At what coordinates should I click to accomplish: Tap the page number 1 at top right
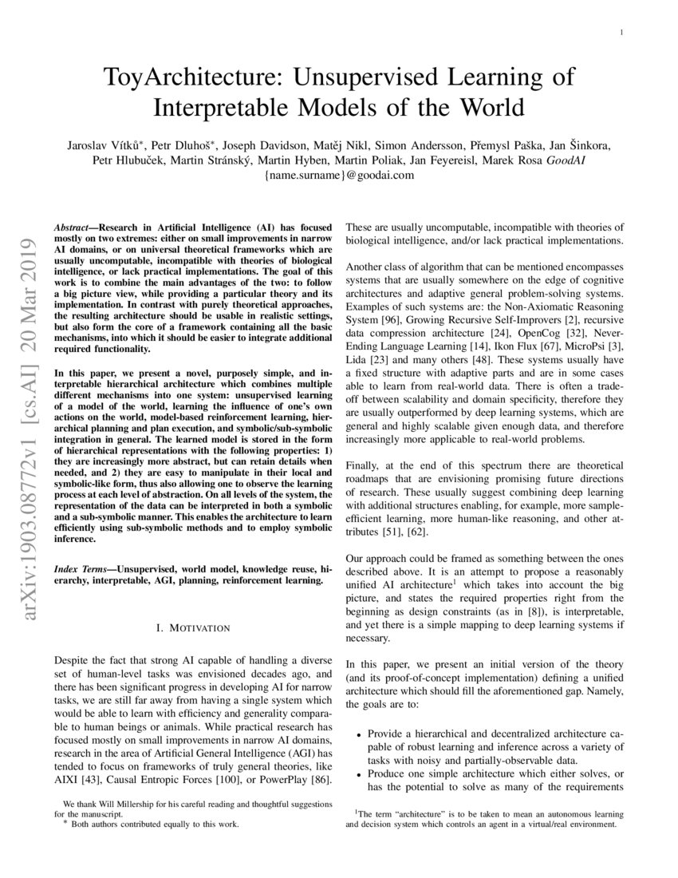pos(621,32)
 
